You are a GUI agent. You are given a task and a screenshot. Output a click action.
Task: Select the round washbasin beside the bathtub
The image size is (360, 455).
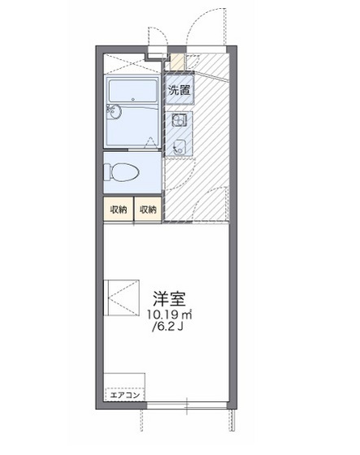[x=114, y=114]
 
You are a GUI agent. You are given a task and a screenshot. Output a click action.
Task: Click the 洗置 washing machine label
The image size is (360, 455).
[x=180, y=90]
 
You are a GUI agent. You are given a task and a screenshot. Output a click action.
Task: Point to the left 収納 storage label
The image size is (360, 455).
[x=119, y=210]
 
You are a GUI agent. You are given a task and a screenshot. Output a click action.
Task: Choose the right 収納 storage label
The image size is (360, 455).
[x=147, y=210]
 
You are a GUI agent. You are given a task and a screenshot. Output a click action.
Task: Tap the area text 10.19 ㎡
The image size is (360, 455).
[x=168, y=314]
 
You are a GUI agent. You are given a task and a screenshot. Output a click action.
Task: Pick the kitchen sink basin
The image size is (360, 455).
[x=179, y=121]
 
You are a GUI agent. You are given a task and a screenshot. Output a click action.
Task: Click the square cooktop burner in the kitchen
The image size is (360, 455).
[x=180, y=147]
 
